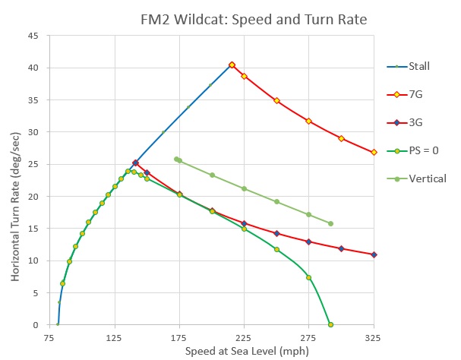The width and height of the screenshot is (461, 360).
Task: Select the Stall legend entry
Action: point(418,66)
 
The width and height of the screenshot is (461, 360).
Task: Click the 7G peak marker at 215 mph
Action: point(232,65)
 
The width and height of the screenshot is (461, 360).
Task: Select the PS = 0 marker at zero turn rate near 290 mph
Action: point(330,324)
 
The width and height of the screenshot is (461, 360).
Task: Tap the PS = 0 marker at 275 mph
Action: point(308,277)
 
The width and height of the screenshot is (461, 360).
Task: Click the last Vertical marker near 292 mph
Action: point(330,223)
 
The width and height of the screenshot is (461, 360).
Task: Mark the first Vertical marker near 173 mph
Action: point(176,159)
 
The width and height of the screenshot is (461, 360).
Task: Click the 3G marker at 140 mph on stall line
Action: point(135,163)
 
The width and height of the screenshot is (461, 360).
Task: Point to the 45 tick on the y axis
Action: point(34,36)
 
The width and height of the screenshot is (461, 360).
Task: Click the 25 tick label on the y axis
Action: point(34,164)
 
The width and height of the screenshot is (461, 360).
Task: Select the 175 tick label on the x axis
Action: point(179,336)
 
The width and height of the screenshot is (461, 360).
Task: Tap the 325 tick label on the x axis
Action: point(373,336)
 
